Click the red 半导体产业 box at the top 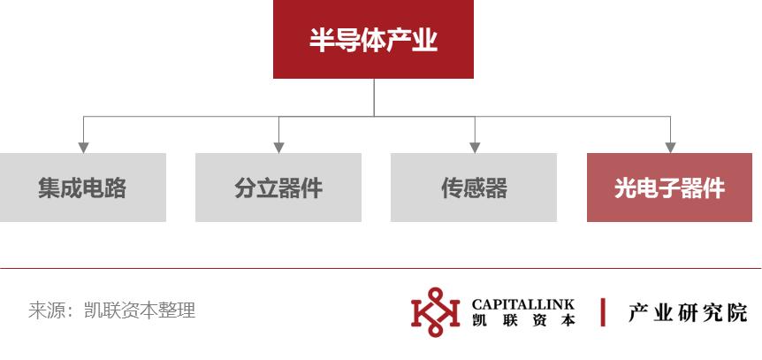click(x=373, y=39)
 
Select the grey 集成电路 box click(x=82, y=188)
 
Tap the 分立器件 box click(x=278, y=188)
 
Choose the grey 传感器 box click(x=474, y=188)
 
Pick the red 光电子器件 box click(x=669, y=188)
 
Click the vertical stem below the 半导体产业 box click(x=373, y=97)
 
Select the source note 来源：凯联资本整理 click(x=112, y=311)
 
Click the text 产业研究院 click(x=687, y=313)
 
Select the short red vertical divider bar click(x=602, y=313)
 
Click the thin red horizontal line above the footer click(x=380, y=268)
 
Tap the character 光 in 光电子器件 click(x=625, y=188)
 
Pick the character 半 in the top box click(x=320, y=41)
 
